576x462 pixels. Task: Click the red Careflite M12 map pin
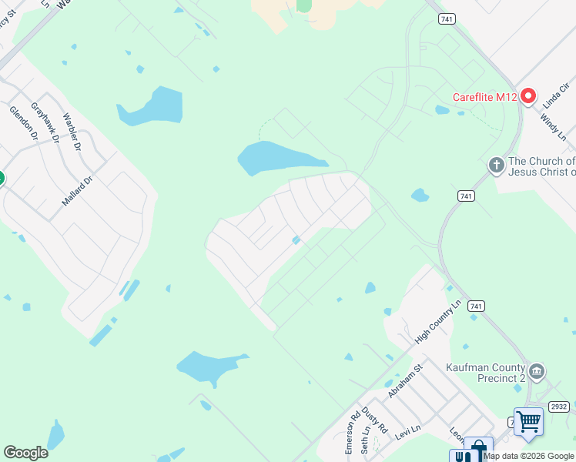coord(528,96)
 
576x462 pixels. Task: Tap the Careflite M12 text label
coord(484,97)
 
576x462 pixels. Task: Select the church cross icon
coord(497,165)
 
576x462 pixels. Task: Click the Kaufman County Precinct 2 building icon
coord(537,372)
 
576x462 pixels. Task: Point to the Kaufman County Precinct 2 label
coord(485,373)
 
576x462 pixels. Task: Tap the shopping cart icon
coord(528,421)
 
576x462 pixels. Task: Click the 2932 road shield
coord(559,406)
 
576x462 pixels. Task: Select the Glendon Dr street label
coord(24,122)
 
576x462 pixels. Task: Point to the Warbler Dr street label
coord(72,132)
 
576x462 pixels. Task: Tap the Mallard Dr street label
coord(77,190)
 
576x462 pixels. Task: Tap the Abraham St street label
coord(406,380)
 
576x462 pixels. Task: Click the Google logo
coord(25,453)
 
